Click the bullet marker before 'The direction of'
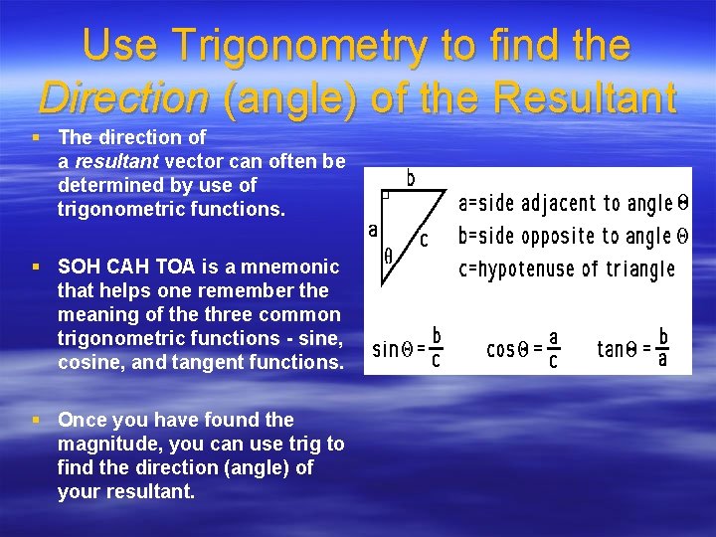pos(37,137)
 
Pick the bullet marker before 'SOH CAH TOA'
pos(37,267)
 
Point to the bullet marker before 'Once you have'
pos(37,420)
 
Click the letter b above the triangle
pos(410,180)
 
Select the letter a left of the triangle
pos(373,230)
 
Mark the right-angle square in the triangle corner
pos(387,197)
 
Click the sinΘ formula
pos(407,347)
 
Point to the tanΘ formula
pos(632,347)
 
